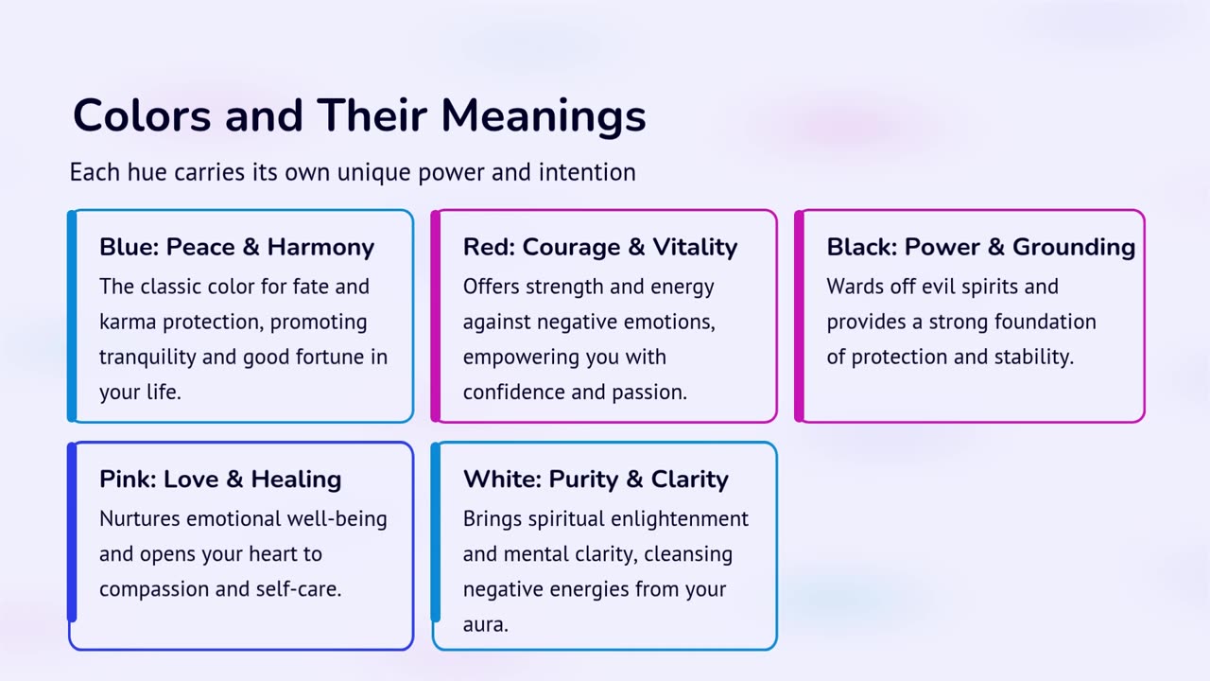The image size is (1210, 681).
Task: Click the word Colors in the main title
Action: coord(142,115)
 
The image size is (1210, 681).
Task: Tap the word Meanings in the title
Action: coord(544,118)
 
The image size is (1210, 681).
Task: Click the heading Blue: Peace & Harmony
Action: coord(236,247)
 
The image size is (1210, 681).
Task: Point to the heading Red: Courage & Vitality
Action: coord(600,247)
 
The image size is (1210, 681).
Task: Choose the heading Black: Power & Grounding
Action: coord(981,247)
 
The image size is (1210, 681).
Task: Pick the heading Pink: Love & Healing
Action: coord(220,480)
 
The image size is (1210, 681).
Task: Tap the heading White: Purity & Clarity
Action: coord(596,480)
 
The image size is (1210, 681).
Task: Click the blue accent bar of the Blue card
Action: coord(72,316)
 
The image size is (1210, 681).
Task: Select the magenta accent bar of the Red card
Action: coord(436,316)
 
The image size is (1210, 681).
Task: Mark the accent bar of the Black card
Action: coord(799,316)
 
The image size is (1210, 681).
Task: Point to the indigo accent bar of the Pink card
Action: coord(72,532)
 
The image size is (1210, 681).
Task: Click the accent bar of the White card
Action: coord(436,532)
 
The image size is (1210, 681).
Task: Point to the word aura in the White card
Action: coord(486,625)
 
